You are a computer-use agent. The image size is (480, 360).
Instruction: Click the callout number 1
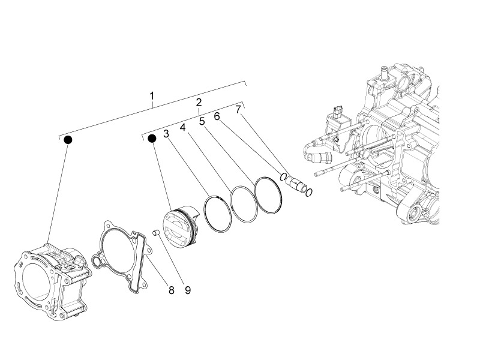[x=152, y=96]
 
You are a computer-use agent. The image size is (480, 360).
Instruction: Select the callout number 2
[x=199, y=103]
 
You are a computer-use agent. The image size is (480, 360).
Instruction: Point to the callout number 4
[x=182, y=127]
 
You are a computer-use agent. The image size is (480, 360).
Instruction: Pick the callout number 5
[x=202, y=121]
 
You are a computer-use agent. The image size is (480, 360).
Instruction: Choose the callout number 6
[x=217, y=116]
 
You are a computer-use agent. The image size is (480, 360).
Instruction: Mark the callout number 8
[x=171, y=290]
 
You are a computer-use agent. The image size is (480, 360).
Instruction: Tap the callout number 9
[x=187, y=290]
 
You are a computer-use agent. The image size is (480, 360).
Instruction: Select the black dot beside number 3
[x=152, y=139]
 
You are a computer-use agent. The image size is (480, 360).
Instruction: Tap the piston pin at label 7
[x=296, y=184]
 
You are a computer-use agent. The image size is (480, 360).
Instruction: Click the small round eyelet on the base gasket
[x=96, y=261]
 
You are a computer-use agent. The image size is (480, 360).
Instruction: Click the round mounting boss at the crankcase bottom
[x=413, y=211]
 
